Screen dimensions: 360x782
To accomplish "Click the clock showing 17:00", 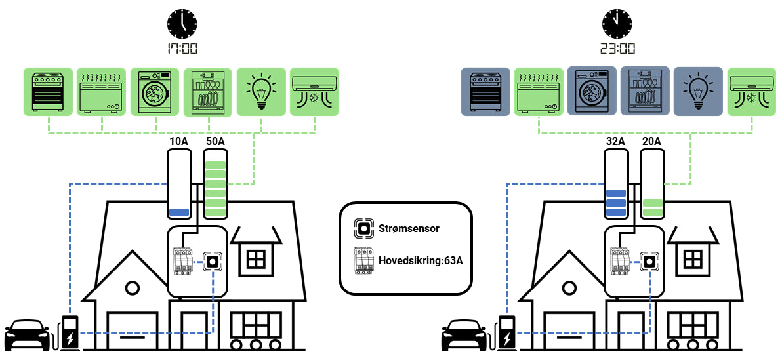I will (x=182, y=24).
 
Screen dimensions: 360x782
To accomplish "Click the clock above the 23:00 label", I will (x=617, y=24).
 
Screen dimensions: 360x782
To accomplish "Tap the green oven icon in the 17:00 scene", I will (x=49, y=91).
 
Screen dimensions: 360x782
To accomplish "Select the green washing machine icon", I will (x=155, y=91).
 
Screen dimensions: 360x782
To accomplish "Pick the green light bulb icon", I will (x=261, y=91).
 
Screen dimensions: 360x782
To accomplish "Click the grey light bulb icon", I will (x=698, y=91).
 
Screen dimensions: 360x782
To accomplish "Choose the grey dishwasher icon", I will (x=645, y=91).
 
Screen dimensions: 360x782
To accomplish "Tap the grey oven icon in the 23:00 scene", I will (x=485, y=91).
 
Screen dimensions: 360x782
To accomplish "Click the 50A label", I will (x=215, y=142).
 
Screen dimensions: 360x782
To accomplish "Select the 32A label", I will (x=616, y=142).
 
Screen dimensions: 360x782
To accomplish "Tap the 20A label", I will (x=652, y=142).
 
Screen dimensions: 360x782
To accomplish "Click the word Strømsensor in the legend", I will (x=409, y=229).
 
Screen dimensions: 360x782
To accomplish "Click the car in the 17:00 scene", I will (x=27, y=335).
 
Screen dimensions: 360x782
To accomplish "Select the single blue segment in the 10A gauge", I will (x=179, y=212).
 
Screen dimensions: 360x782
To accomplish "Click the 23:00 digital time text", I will (x=617, y=49).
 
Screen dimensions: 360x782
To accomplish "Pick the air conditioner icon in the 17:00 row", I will (x=314, y=91).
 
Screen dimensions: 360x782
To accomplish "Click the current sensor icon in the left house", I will (x=212, y=262).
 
